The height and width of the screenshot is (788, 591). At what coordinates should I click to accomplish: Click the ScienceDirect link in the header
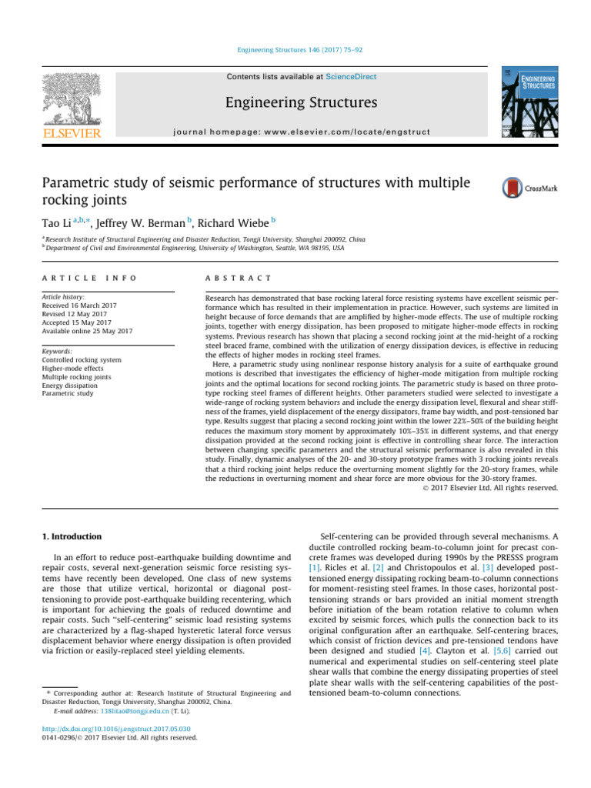pyautogui.click(x=351, y=77)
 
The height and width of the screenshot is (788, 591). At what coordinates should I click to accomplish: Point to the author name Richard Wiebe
pyautogui.click(x=232, y=223)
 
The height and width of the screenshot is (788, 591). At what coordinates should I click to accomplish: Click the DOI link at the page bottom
pyautogui.click(x=115, y=727)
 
